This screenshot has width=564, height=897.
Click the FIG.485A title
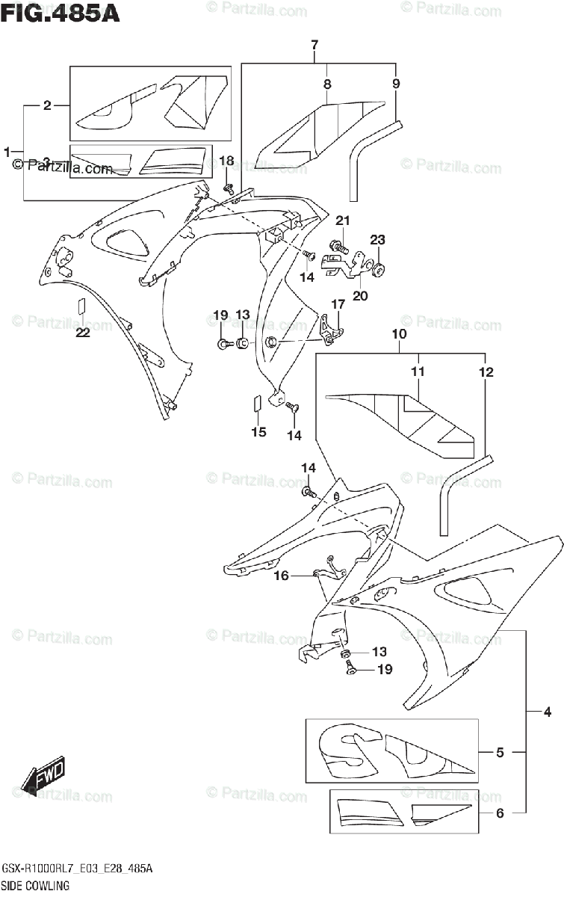tap(61, 14)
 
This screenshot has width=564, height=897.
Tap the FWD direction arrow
tap(44, 775)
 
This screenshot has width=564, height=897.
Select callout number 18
tap(226, 161)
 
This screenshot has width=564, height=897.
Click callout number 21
tap(342, 221)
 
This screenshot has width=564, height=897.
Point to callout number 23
tap(377, 240)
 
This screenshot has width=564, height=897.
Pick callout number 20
tap(361, 295)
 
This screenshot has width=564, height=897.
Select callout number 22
tap(82, 333)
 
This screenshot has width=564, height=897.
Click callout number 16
tap(281, 576)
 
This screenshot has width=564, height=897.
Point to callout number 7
tap(314, 45)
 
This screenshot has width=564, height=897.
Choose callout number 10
tap(398, 334)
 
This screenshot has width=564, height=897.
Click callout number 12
tap(487, 372)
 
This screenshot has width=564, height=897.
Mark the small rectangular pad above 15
tap(257, 404)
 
